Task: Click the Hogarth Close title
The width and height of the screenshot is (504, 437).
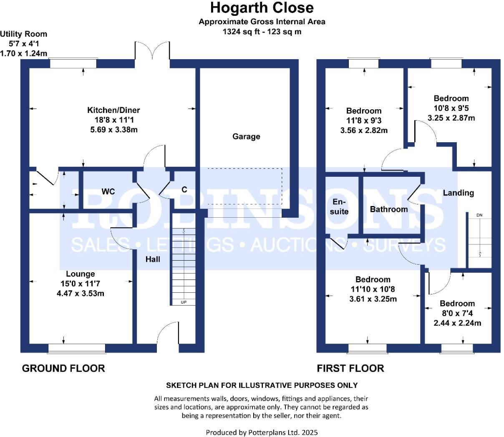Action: pyautogui.click(x=262, y=8)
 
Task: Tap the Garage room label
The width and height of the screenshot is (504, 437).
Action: pyautogui.click(x=246, y=136)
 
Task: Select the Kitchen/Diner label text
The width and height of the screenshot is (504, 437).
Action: pyautogui.click(x=113, y=110)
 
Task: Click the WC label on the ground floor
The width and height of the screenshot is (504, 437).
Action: pyautogui.click(x=108, y=191)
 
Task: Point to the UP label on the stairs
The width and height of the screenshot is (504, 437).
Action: pyautogui.click(x=184, y=302)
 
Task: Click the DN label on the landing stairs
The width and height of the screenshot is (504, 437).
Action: pyautogui.click(x=479, y=215)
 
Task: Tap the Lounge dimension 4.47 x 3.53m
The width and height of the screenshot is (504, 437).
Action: pyautogui.click(x=81, y=293)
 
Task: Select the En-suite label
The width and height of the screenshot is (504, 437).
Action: pyautogui.click(x=340, y=206)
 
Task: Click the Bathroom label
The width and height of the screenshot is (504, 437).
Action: pyautogui.click(x=389, y=209)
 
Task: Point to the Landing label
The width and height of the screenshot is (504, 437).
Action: pyautogui.click(x=458, y=193)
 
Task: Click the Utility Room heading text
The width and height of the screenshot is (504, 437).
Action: pyautogui.click(x=24, y=34)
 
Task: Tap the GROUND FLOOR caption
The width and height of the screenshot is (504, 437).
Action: pyautogui.click(x=63, y=368)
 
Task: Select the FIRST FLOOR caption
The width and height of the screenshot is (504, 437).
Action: pyautogui.click(x=350, y=368)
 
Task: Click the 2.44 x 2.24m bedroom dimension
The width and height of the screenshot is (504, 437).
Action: pyautogui.click(x=457, y=323)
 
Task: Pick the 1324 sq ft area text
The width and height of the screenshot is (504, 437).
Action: pyautogui.click(x=262, y=31)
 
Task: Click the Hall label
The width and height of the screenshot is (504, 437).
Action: pyautogui.click(x=153, y=259)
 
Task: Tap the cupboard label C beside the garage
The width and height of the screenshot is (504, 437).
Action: pyautogui.click(x=184, y=189)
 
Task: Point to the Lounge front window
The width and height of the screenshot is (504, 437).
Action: pyautogui.click(x=77, y=348)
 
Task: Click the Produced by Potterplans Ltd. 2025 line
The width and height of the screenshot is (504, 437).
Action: pyautogui.click(x=262, y=432)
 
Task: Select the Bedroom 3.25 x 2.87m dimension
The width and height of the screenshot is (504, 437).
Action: pyautogui.click(x=451, y=118)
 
